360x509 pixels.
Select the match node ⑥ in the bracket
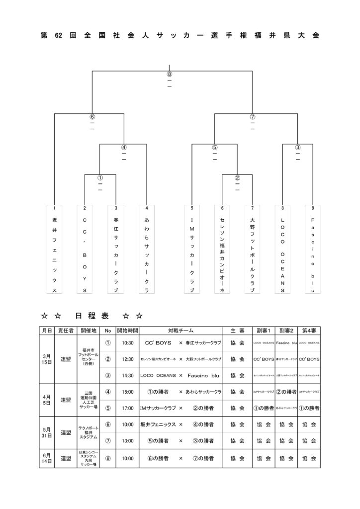pyautogui.click(x=92, y=117)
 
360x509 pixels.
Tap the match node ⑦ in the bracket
pyautogui.click(x=253, y=117)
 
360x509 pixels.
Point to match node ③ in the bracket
pyautogui.click(x=297, y=147)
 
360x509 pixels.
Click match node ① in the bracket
pyautogui.click(x=100, y=177)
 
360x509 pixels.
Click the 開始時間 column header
pyautogui.click(x=127, y=331)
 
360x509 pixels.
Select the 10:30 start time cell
pyautogui.click(x=127, y=343)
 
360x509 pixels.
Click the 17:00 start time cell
pyautogui.click(x=127, y=408)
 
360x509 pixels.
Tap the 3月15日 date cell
pyautogui.click(x=47, y=359)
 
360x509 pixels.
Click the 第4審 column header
pyautogui.click(x=310, y=331)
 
